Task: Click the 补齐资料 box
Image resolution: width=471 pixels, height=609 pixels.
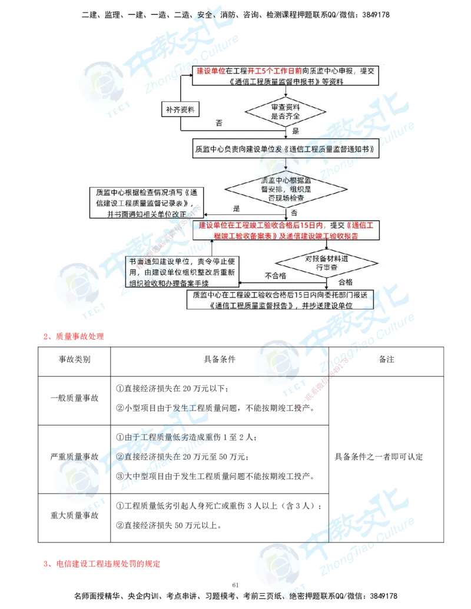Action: click(x=180, y=109)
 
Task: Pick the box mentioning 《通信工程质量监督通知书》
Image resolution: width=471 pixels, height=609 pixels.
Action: click(x=286, y=149)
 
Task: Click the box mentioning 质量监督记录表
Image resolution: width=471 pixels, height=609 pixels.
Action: click(x=144, y=202)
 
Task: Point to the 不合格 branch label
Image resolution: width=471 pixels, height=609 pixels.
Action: click(x=276, y=275)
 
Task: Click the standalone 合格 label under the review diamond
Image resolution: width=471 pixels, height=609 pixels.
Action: click(x=345, y=282)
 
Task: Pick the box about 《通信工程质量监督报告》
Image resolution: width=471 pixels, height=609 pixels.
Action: click(x=280, y=300)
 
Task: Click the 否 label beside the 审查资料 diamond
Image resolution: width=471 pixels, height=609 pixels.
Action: click(x=219, y=124)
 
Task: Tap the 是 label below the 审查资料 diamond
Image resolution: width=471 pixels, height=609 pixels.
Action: click(x=296, y=131)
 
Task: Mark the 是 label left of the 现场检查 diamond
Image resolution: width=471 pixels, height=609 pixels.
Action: click(x=237, y=208)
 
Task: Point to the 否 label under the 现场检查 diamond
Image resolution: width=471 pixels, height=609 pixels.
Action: click(x=294, y=212)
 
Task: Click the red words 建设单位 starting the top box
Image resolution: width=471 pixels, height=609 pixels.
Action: click(x=210, y=71)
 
